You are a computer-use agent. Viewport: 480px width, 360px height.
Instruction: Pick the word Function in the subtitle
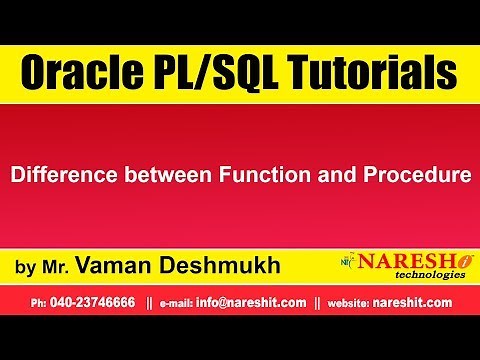[262, 175]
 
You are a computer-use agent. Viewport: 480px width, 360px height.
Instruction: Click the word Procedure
[414, 175]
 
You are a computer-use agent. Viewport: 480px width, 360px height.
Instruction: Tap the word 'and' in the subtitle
[334, 175]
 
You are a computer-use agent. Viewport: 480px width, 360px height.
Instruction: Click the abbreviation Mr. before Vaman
[54, 267]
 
